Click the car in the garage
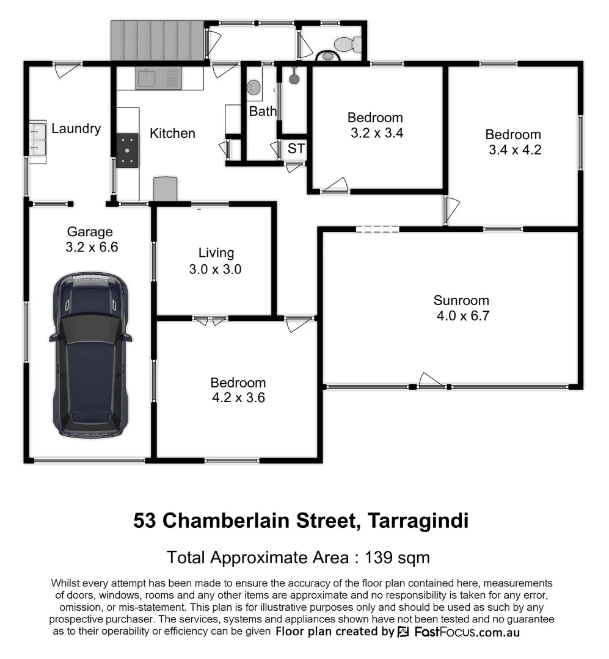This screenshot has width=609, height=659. click(x=90, y=355)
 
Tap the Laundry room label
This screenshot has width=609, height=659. click(x=76, y=129)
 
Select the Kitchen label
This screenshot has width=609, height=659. click(x=172, y=133)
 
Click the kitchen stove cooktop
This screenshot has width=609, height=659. click(x=127, y=150)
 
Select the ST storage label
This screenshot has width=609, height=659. click(x=296, y=148)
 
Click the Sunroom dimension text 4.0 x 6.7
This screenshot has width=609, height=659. click(x=462, y=316)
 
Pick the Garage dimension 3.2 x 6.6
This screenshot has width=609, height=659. click(x=90, y=248)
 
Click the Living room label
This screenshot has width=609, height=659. click(x=216, y=253)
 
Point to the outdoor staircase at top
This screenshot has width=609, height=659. click(x=157, y=40)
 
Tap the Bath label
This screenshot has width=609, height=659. click(x=263, y=112)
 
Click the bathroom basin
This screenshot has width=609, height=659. click(x=254, y=88)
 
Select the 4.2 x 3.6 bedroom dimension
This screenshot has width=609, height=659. click(x=238, y=398)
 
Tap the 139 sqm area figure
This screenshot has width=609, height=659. click(x=397, y=557)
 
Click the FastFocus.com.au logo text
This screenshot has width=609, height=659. click(x=467, y=632)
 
